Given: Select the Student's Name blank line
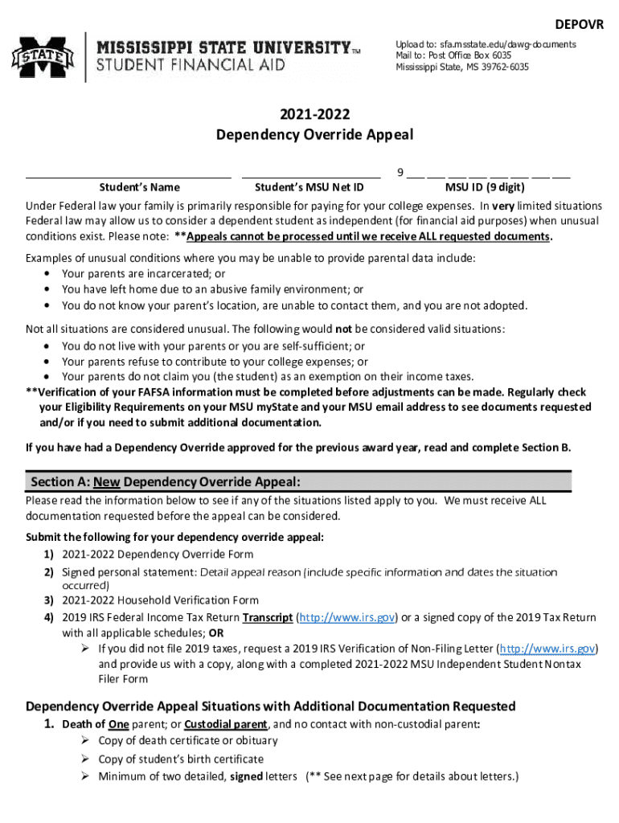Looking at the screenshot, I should pyautogui.click(x=129, y=175).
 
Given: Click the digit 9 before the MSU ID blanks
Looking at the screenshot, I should pyautogui.click(x=400, y=172).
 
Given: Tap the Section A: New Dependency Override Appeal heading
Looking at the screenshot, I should pyautogui.click(x=166, y=482).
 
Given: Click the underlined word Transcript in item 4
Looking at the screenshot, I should pyautogui.click(x=268, y=617).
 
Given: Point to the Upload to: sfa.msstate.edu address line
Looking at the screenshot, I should pyautogui.click(x=485, y=44).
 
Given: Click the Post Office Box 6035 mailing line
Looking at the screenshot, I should pyautogui.click(x=453, y=55).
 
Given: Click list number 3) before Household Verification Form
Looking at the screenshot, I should pyautogui.click(x=48, y=600).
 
